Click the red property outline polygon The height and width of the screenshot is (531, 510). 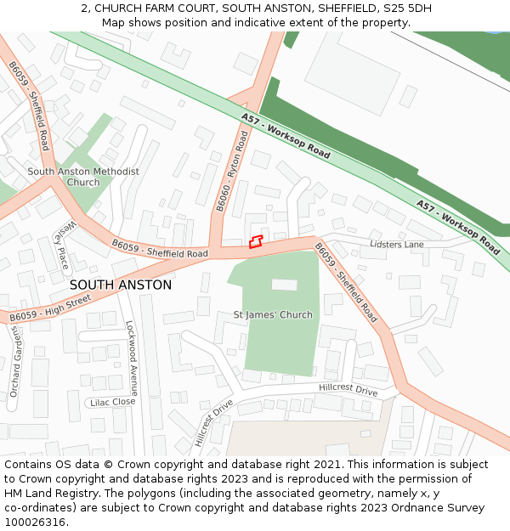(x=256, y=241)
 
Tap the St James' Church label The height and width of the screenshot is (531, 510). (x=273, y=315)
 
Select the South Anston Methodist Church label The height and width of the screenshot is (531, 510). (x=83, y=177)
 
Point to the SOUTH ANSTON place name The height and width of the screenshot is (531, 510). (x=120, y=285)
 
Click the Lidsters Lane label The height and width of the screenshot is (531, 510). (x=397, y=245)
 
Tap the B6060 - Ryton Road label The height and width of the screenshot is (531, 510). (x=230, y=172)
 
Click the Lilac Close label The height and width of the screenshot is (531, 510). (x=112, y=402)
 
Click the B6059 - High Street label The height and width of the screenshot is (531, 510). (x=50, y=308)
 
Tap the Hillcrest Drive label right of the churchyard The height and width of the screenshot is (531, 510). (x=348, y=389)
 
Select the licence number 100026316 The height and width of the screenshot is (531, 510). (x=35, y=523)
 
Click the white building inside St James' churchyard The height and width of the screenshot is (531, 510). (x=284, y=285)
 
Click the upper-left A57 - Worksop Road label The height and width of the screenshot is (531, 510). (x=286, y=136)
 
